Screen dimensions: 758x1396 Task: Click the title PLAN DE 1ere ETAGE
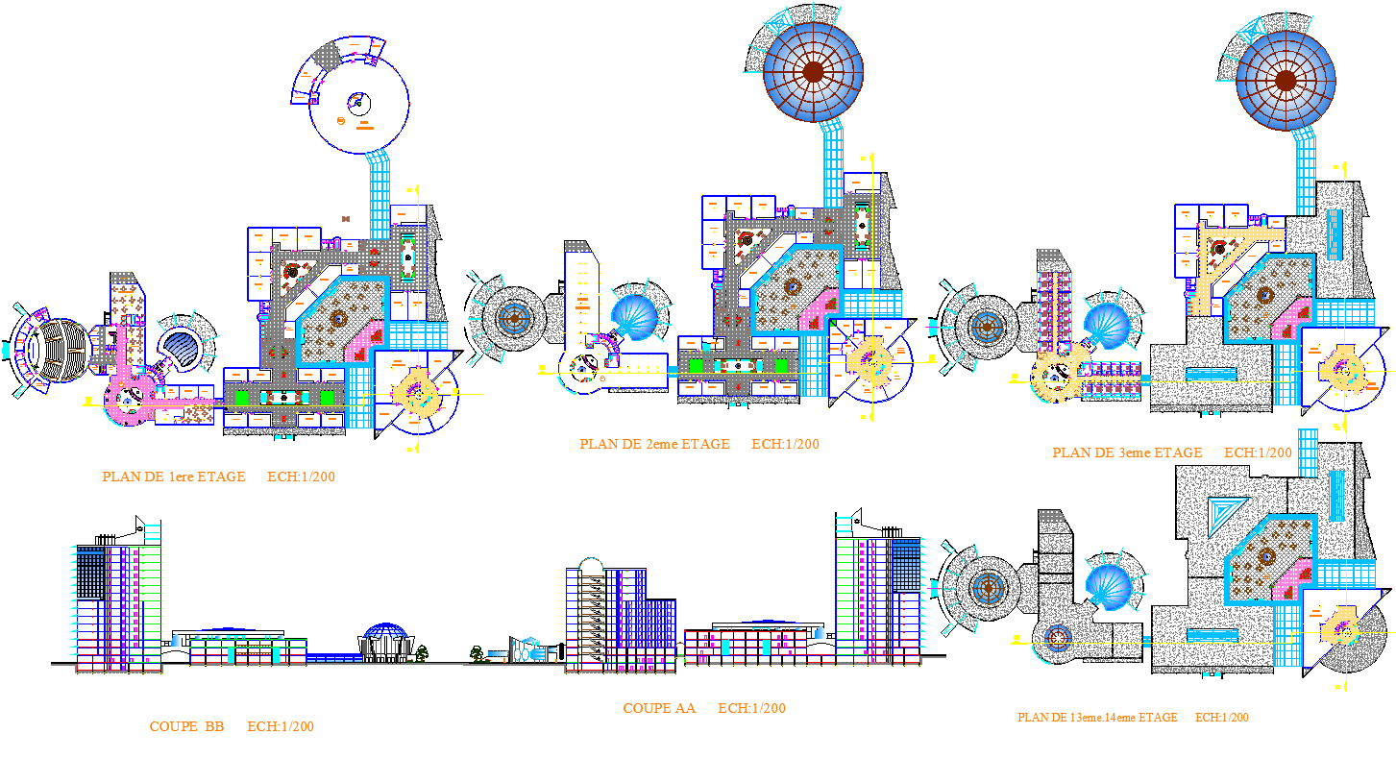pyautogui.click(x=174, y=477)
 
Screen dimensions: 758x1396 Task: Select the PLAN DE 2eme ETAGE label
pyautogui.click(x=654, y=444)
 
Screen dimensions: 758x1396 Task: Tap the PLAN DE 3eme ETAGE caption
pyautogui.click(x=1127, y=452)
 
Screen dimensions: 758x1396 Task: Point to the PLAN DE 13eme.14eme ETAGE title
pyautogui.click(x=1097, y=718)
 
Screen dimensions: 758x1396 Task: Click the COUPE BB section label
pyautogui.click(x=186, y=726)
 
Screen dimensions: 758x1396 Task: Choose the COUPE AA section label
pyautogui.click(x=659, y=708)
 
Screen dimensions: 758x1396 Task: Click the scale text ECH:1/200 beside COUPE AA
pyautogui.click(x=751, y=708)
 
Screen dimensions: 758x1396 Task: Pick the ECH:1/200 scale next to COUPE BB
pyautogui.click(x=281, y=726)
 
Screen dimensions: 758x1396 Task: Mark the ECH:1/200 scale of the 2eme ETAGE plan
pyautogui.click(x=785, y=444)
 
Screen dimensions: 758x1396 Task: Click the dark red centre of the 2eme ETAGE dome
pyautogui.click(x=813, y=71)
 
